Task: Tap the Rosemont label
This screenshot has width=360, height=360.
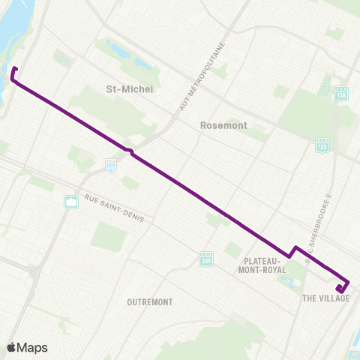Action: point(220,126)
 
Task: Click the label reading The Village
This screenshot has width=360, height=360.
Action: point(326,298)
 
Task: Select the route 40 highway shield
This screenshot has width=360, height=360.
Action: point(111,164)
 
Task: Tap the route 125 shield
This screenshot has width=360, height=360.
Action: point(322,142)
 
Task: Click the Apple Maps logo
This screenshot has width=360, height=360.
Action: point(28,347)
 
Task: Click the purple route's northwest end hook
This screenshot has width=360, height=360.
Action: point(13,73)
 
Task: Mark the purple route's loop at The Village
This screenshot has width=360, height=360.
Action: point(342,286)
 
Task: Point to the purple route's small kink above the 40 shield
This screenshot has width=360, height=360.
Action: point(130,152)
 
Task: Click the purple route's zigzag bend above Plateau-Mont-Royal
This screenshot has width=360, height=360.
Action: point(293,250)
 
